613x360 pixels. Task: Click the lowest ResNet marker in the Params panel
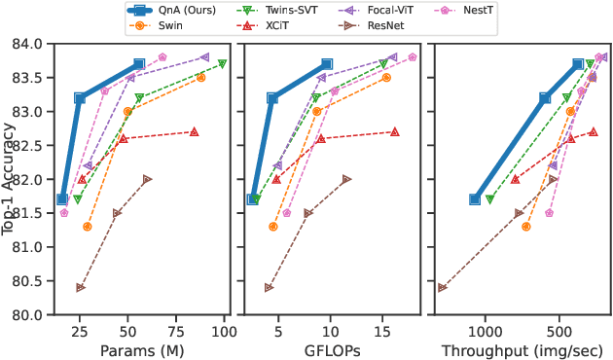80,288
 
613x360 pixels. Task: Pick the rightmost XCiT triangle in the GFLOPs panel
394,131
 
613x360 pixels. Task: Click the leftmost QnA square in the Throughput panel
475,199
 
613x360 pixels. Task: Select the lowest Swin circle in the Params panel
88,227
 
